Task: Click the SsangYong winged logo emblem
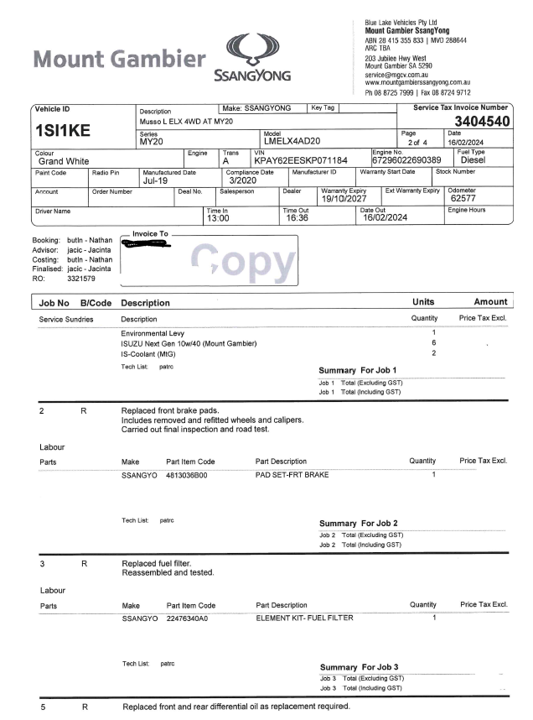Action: point(251,52)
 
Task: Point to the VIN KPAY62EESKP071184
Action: point(300,159)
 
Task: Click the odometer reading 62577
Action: point(463,199)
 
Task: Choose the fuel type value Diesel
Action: point(474,159)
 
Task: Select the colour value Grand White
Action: point(64,161)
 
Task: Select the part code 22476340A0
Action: point(187,618)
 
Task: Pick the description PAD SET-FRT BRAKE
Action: point(292,475)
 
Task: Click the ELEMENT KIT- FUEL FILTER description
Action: point(304,618)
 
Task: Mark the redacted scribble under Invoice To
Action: point(146,245)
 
